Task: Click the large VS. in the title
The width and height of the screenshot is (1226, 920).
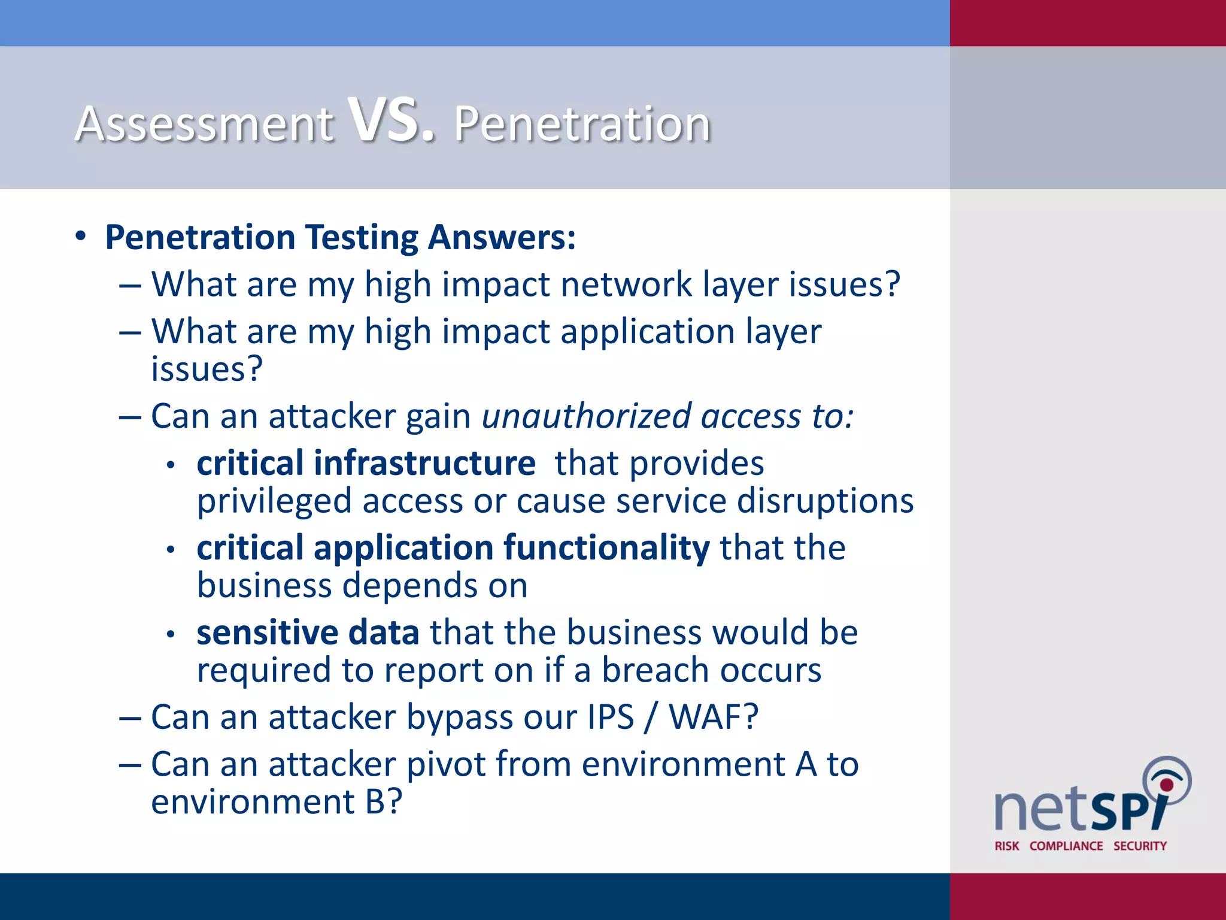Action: tap(392, 121)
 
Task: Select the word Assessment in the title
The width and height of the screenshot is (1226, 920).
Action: tap(204, 124)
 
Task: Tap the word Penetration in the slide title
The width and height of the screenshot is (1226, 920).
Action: tap(582, 124)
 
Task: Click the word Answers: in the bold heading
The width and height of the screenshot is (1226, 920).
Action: tap(502, 237)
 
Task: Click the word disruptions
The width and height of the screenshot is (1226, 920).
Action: tap(824, 501)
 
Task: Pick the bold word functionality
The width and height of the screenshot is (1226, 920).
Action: tap(606, 548)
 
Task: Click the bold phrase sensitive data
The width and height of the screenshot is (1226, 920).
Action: tap(308, 633)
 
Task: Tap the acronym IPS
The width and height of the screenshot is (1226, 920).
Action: tap(610, 717)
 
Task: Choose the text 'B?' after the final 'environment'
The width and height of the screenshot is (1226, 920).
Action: tap(383, 802)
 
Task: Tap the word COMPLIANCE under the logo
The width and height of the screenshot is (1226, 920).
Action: tap(1066, 846)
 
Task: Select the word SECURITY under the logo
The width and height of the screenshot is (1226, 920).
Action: tap(1140, 846)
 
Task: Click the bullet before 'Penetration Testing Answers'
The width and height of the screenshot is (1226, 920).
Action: tap(81, 237)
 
